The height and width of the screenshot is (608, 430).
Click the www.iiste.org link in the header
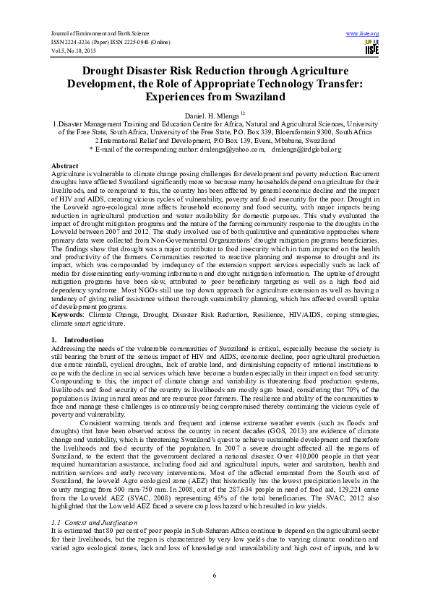pos(363,34)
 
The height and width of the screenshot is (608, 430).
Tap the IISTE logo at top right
pos(371,49)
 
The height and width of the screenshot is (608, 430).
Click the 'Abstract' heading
pos(65,165)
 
